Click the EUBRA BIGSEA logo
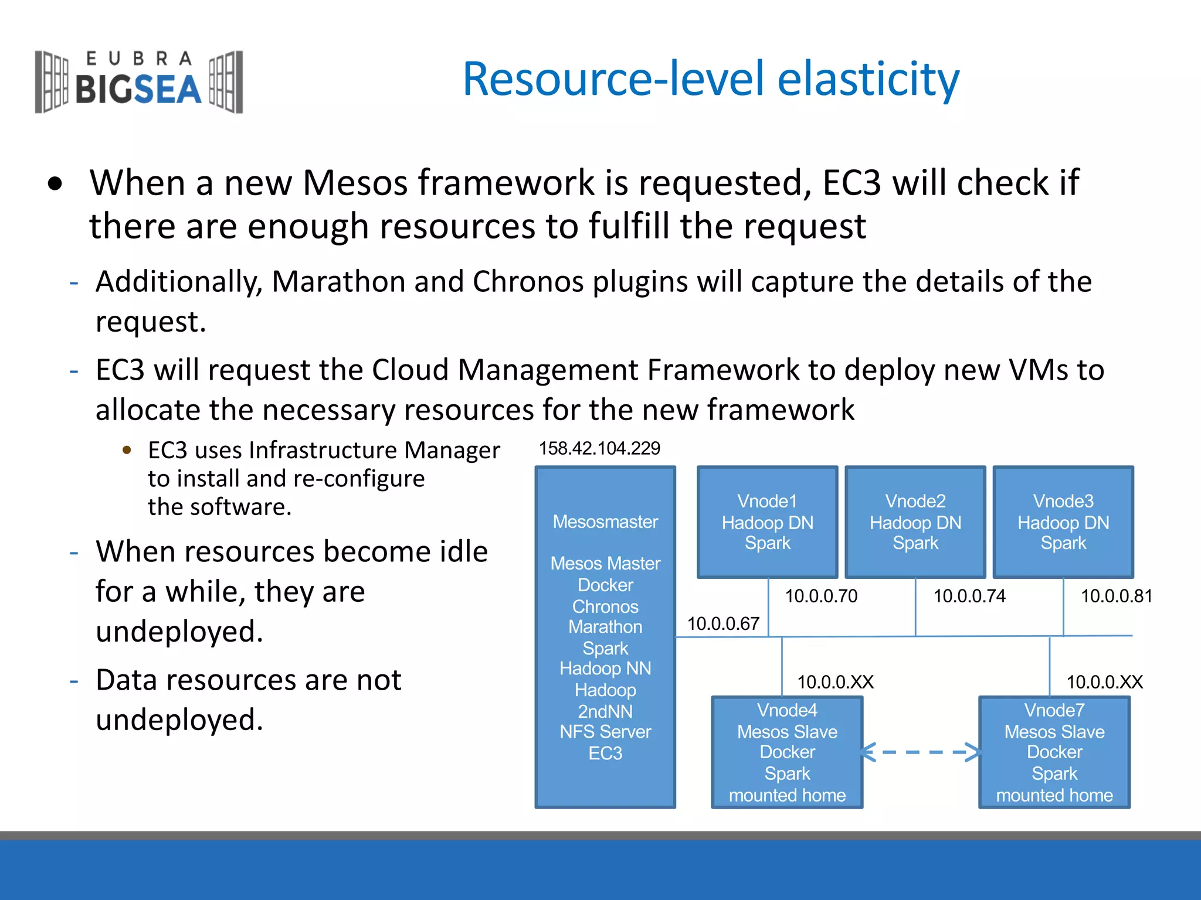click(139, 82)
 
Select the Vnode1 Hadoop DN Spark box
click(767, 521)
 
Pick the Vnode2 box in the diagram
click(915, 521)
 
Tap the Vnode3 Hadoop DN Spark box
click(1063, 521)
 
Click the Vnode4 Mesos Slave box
click(787, 752)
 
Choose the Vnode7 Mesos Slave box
click(1054, 752)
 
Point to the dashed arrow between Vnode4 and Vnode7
click(921, 752)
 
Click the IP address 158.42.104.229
click(599, 448)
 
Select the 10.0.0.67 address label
click(723, 623)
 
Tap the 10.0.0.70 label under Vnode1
click(821, 596)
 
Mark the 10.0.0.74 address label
click(969, 596)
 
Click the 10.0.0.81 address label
click(1116, 596)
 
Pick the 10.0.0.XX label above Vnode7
click(1104, 682)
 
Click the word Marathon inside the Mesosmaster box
click(605, 627)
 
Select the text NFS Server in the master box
click(605, 732)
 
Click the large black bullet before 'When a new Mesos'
click(55, 184)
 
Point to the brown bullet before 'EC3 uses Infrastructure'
click(127, 450)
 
